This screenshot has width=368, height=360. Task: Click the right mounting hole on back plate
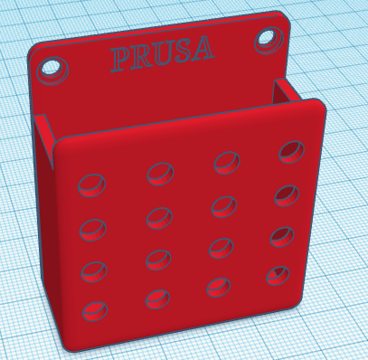[x=269, y=37]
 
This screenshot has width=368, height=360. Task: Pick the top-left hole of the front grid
[x=91, y=185]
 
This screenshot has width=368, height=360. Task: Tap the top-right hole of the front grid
[x=292, y=151]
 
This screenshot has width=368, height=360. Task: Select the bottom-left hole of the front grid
[x=94, y=312]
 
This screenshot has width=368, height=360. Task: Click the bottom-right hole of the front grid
[x=278, y=274]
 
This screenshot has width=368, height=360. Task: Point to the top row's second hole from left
[x=160, y=173]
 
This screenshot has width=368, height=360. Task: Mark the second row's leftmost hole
[x=92, y=230]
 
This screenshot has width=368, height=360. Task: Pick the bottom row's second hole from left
[x=158, y=298]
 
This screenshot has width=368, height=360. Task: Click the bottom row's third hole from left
[x=218, y=286]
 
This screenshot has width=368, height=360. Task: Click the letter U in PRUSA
[x=160, y=53]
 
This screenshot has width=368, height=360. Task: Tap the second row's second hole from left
[x=159, y=217]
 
